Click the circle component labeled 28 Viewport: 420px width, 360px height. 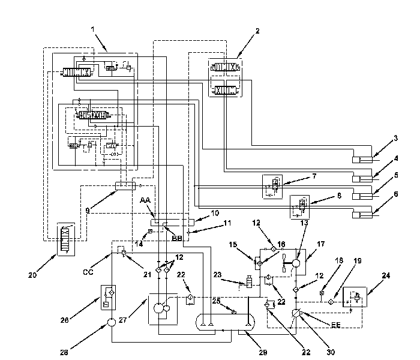[x=112, y=324]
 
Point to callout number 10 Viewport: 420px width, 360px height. [x=215, y=212]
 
